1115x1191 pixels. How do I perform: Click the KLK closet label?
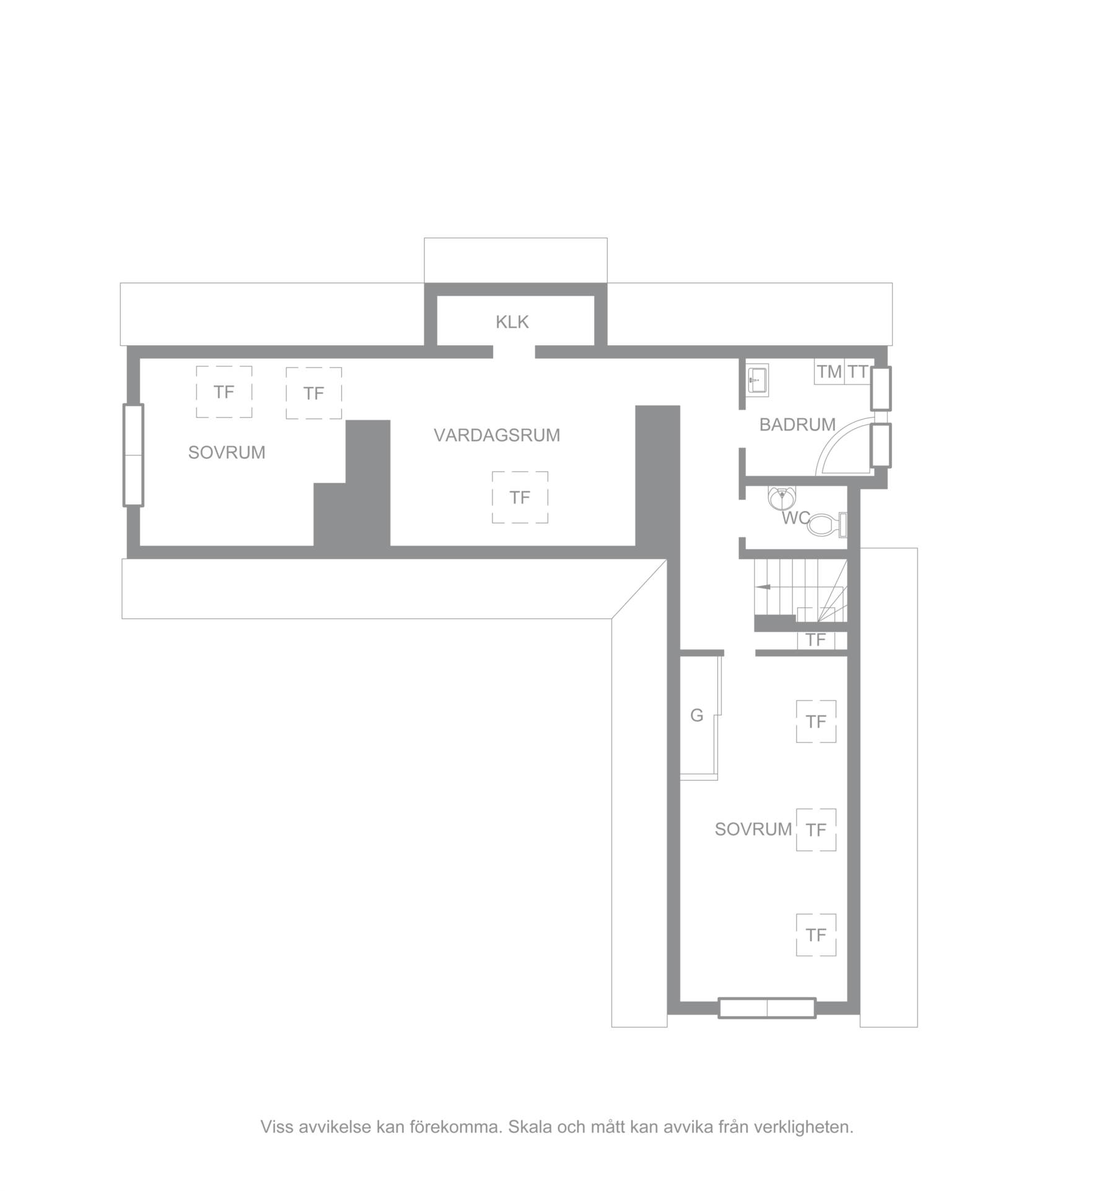tap(512, 322)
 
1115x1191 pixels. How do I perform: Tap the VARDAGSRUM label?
tap(497, 436)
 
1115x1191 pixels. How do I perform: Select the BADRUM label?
tap(797, 425)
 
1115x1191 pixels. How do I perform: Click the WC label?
tap(795, 518)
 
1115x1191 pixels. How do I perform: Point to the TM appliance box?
tap(829, 372)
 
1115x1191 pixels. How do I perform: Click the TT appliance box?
tap(859, 372)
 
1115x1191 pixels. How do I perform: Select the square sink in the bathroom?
tap(757, 379)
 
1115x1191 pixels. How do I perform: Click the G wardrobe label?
tap(697, 716)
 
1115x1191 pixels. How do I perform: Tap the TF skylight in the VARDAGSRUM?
tap(520, 498)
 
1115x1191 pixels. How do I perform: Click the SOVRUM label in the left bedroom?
tap(227, 453)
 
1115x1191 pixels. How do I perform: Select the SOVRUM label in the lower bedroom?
tap(753, 829)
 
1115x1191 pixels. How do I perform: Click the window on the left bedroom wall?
tap(133, 455)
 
